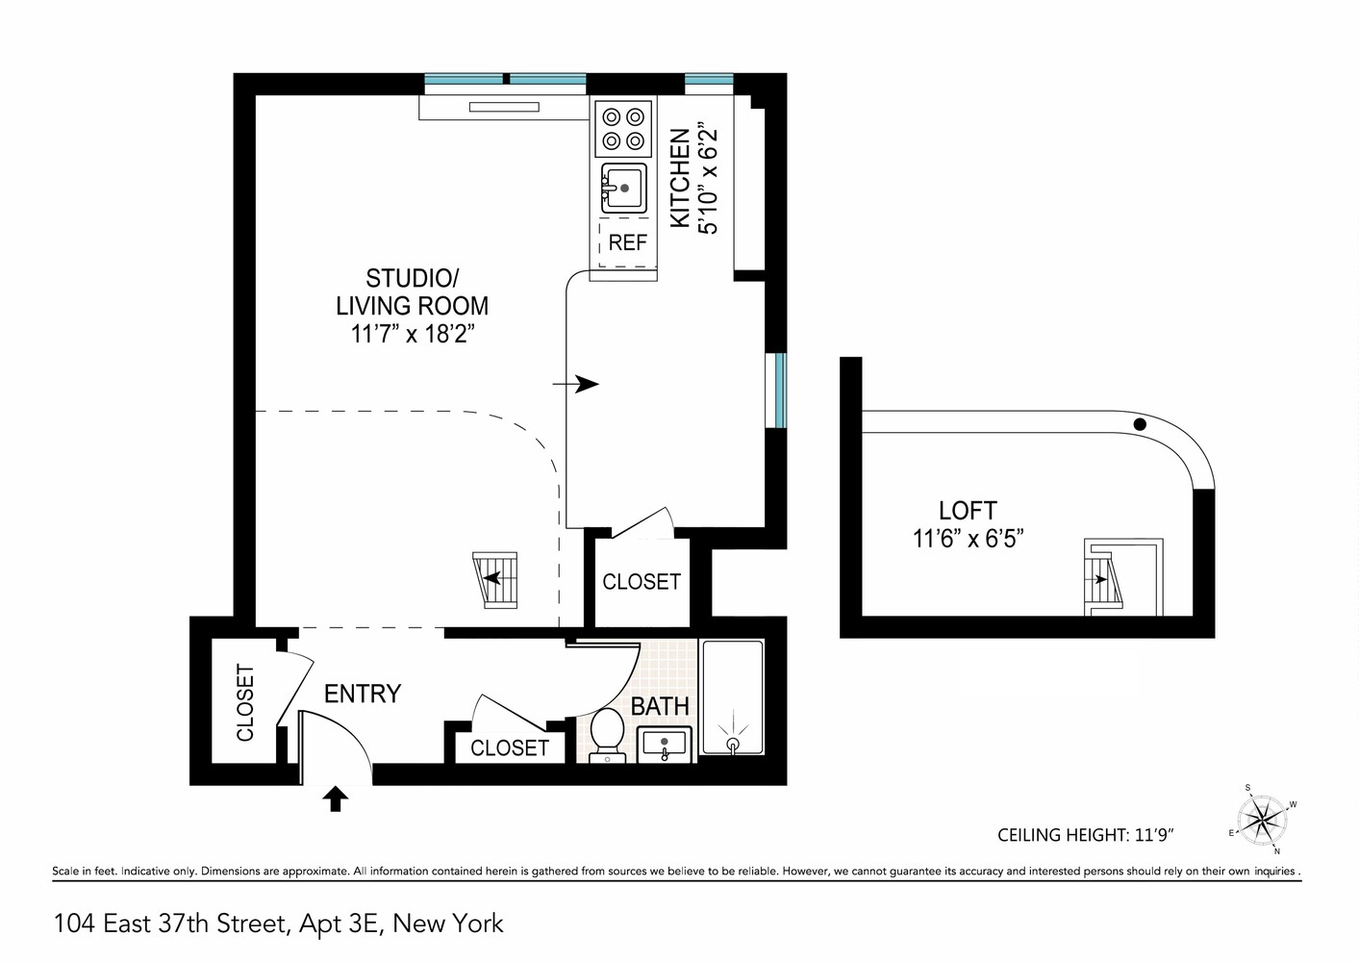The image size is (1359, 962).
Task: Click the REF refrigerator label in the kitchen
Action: tap(627, 242)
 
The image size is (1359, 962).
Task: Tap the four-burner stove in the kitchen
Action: tap(622, 129)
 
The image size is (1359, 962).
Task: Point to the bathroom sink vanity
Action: tap(663, 745)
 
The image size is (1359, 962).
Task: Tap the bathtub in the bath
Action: tap(732, 698)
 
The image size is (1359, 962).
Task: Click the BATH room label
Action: tap(660, 706)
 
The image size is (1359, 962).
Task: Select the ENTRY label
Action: tap(362, 694)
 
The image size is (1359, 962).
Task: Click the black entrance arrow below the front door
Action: tap(335, 798)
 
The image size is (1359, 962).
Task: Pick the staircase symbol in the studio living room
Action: tap(497, 580)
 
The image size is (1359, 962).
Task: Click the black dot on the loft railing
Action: tap(1140, 423)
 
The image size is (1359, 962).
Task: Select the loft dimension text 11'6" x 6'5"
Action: tap(967, 539)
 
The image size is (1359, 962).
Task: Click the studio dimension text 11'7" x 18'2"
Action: tap(413, 335)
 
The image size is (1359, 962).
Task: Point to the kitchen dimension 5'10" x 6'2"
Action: tap(709, 178)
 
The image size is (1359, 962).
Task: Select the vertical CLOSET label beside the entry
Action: tap(244, 702)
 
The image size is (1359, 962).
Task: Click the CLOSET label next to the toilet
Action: tap(509, 747)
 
